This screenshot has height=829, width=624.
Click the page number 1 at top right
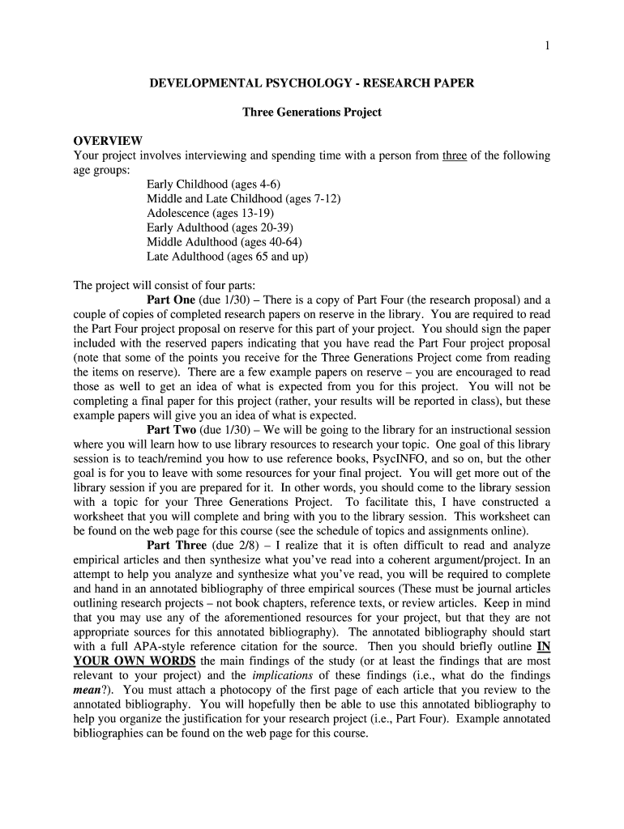point(547,46)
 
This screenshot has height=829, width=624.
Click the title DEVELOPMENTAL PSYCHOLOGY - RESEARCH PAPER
point(312,83)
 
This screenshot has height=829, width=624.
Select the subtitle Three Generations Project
point(312,112)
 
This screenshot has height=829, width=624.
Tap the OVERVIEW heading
point(108,141)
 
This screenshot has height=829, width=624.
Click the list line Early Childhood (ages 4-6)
point(213,185)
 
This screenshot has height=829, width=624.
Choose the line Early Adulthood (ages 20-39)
point(220,228)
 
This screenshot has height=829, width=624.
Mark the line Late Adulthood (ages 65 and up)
point(227,257)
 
